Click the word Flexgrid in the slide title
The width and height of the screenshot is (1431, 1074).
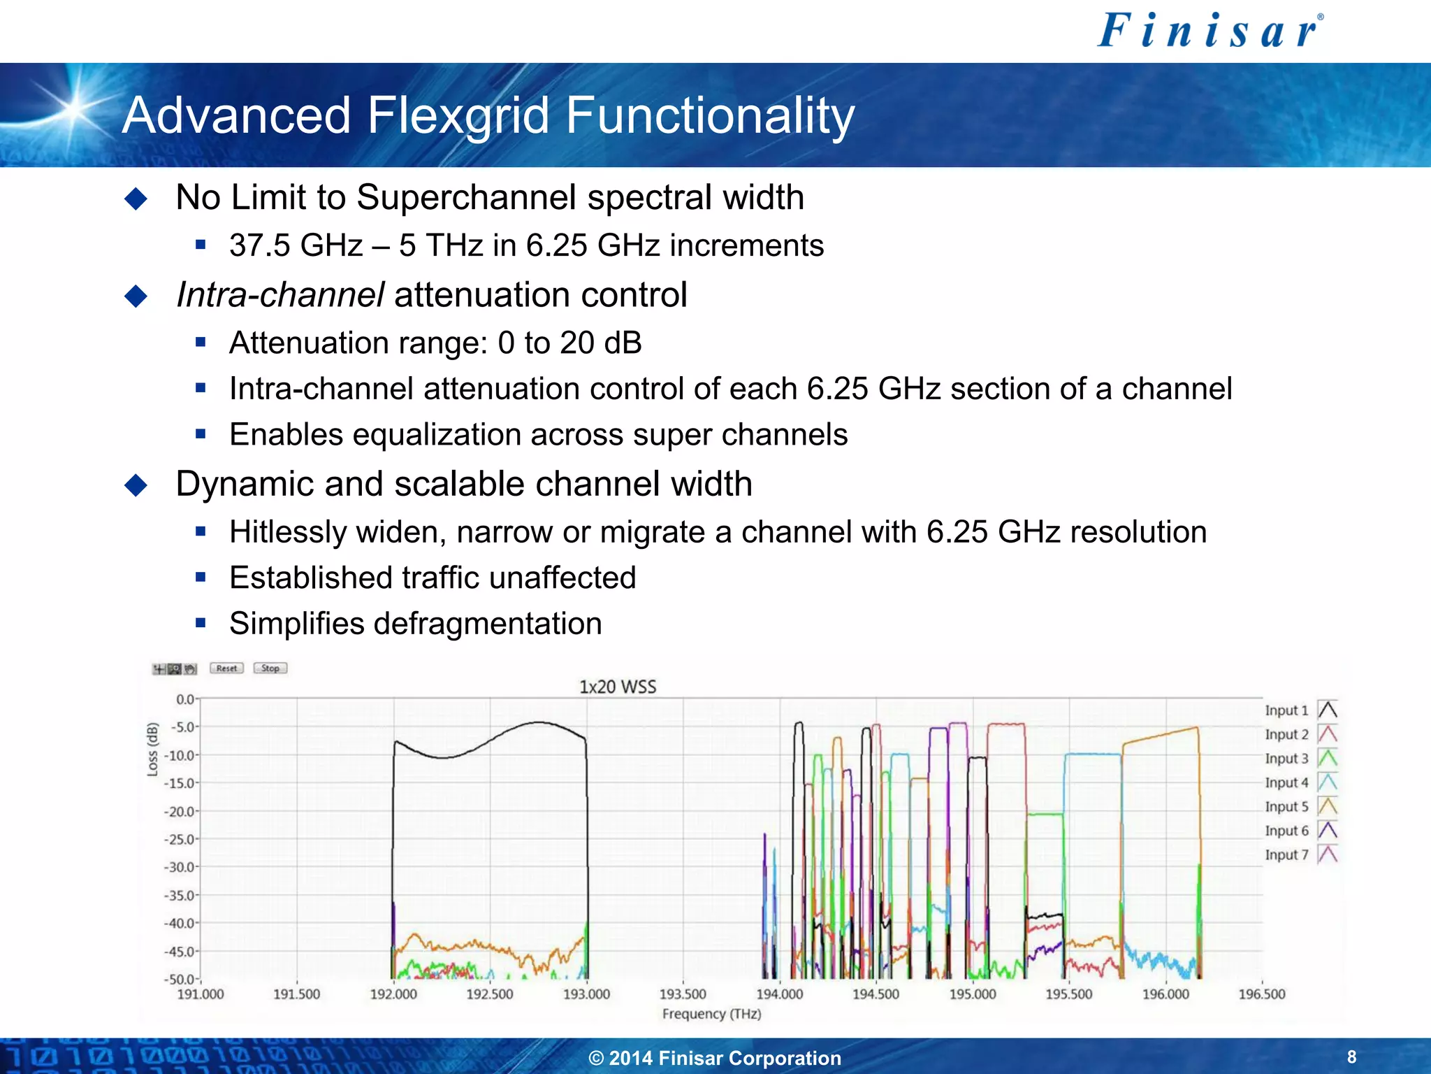[458, 115]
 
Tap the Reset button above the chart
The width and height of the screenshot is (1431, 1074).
[226, 668]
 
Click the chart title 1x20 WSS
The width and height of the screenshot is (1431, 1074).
[618, 687]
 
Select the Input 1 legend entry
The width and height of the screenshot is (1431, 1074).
[1300, 710]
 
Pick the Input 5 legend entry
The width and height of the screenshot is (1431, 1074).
[1300, 807]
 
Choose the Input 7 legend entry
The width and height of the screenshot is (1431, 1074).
[1300, 854]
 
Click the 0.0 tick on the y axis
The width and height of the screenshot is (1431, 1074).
[186, 699]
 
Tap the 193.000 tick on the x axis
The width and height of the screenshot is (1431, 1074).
[586, 994]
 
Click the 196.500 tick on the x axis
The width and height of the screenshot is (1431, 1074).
[1261, 994]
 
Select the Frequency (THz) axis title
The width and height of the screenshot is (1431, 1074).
[711, 1014]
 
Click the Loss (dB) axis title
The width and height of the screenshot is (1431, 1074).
[152, 750]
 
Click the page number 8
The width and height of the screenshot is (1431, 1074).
[1351, 1057]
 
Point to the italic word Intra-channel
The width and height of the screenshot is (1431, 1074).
[279, 294]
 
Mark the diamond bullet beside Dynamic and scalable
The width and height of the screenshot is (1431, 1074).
[136, 485]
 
